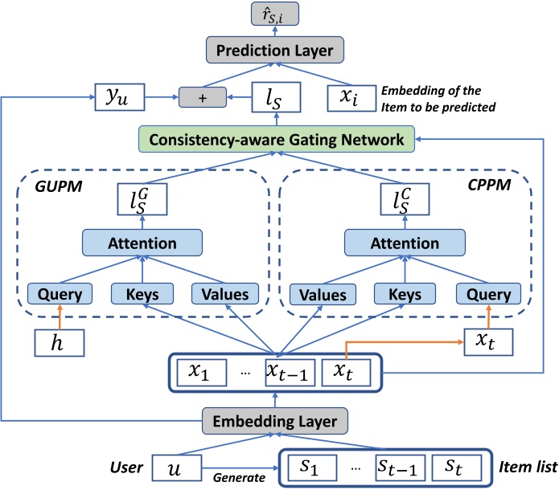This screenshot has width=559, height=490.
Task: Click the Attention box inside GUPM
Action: point(142,243)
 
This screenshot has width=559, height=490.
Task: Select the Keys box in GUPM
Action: point(142,294)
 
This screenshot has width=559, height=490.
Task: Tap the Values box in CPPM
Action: point(315,294)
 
